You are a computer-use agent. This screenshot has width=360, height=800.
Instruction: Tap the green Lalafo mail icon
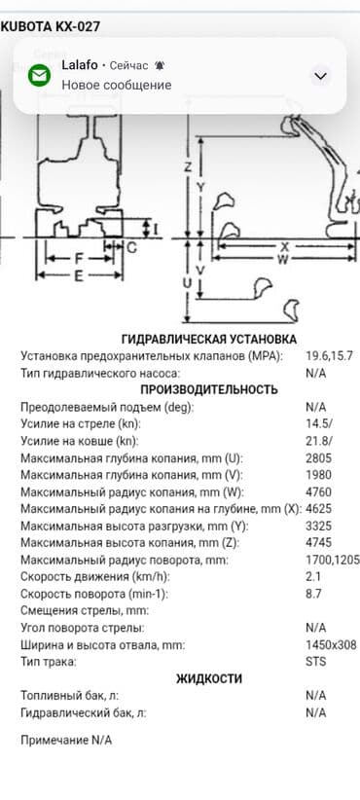pos(39,75)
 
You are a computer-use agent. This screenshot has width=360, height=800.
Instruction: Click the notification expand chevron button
pos(321,76)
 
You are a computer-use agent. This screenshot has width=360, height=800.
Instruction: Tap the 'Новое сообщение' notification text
pos(116,85)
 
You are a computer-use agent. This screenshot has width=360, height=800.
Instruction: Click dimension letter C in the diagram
pos(131,247)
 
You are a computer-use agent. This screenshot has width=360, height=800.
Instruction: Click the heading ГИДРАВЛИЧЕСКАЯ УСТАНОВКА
pos(208,339)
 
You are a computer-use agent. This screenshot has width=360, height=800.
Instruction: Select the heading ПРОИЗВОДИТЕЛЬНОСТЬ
pos(208,389)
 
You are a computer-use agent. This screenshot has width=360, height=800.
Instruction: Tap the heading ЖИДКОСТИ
pos(208,678)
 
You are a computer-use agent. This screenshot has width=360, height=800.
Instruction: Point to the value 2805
pos(319,458)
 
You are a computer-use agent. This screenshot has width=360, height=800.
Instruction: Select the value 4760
pos(319,492)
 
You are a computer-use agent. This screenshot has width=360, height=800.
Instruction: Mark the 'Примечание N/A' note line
pos(66,740)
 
